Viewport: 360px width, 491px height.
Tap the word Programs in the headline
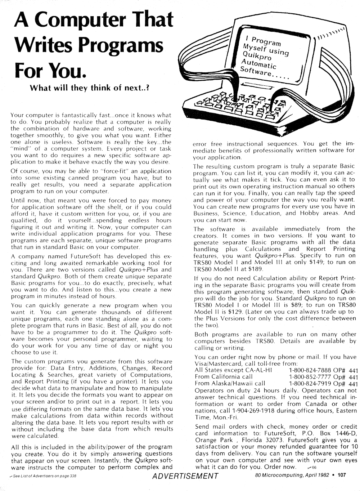[122, 46]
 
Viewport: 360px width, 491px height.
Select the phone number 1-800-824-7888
[310, 370]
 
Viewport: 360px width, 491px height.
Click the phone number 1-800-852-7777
[310, 377]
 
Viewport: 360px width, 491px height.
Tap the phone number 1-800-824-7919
[310, 384]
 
